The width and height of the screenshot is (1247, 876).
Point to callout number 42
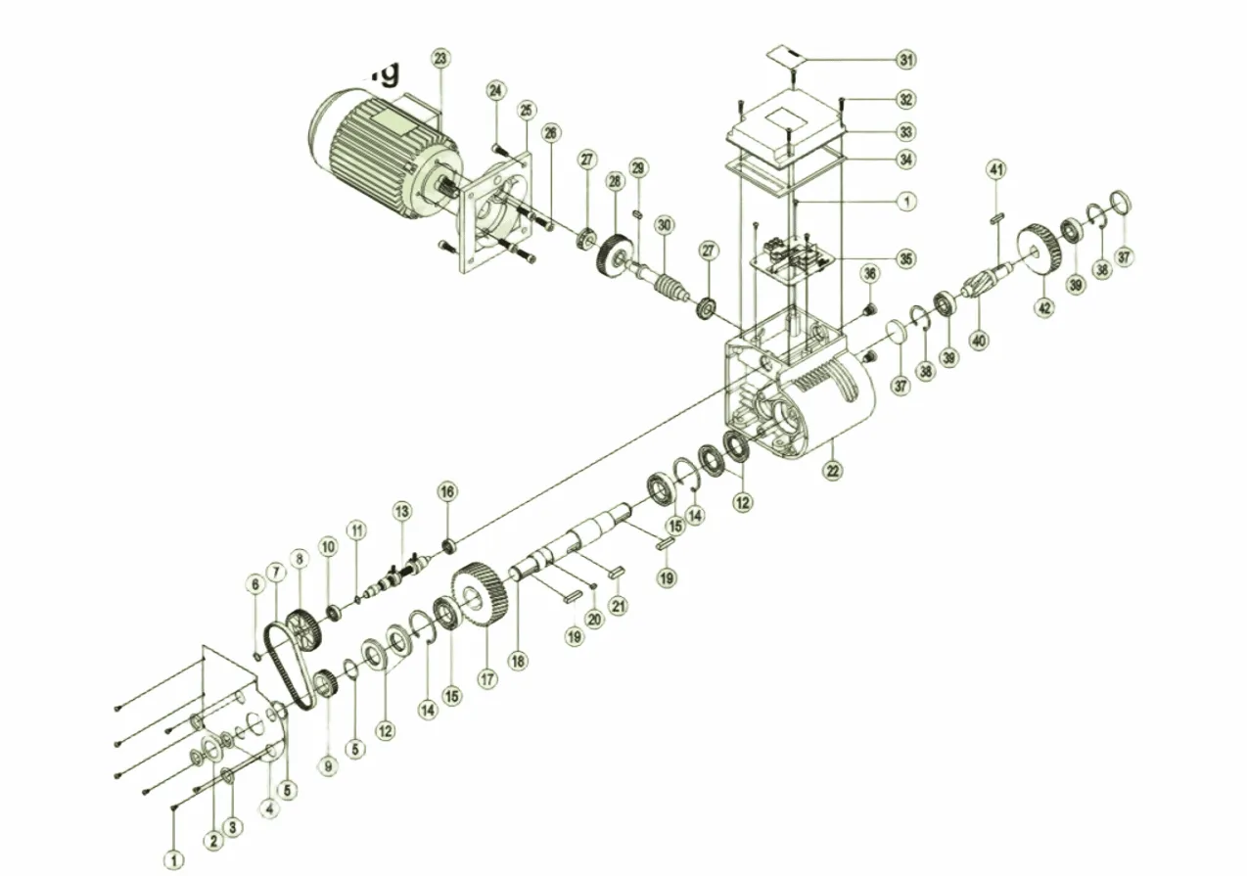point(1045,307)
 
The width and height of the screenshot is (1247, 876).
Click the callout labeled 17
point(485,676)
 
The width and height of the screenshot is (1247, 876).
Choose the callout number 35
point(906,258)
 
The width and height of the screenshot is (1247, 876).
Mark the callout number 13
point(402,511)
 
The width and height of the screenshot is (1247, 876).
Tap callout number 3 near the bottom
point(232,827)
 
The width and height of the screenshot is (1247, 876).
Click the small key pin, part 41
point(996,218)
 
